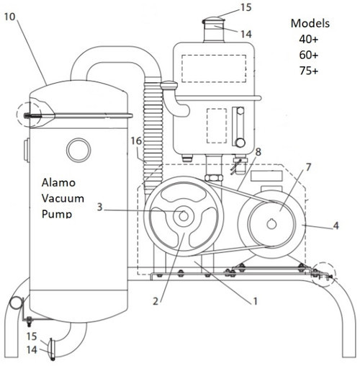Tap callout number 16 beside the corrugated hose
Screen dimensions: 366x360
[x=137, y=142]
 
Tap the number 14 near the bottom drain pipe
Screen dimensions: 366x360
[x=32, y=349]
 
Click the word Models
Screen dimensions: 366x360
[x=310, y=22]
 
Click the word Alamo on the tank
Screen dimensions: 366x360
[x=55, y=184]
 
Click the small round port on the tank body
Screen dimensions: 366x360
[x=76, y=150]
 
